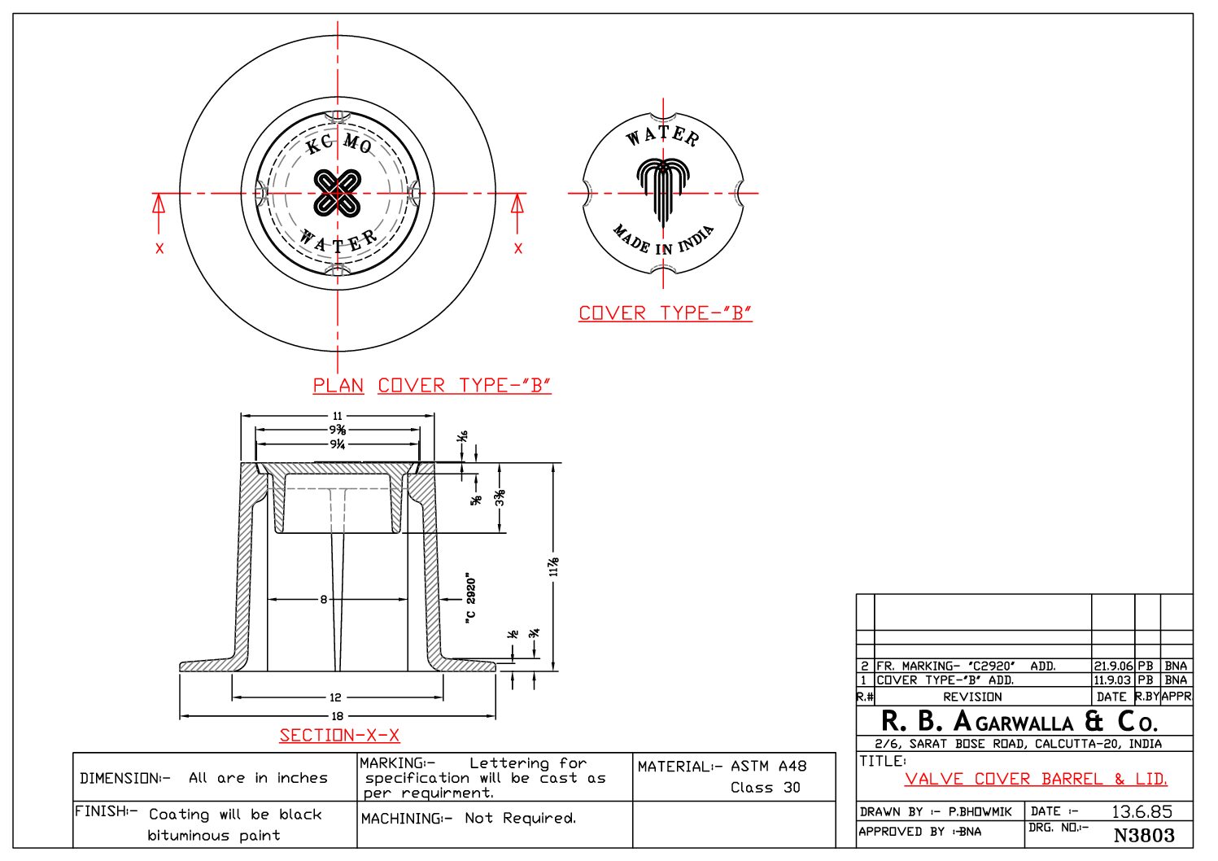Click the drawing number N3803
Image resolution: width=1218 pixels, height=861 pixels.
click(x=1143, y=835)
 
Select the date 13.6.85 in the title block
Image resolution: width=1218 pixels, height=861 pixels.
click(x=1142, y=811)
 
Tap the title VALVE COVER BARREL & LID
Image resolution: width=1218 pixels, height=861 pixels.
click(x=1035, y=779)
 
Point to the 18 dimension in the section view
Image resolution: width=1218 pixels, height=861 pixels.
click(x=337, y=716)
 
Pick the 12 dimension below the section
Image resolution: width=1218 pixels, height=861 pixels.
click(x=335, y=697)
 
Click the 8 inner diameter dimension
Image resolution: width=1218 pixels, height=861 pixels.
click(x=323, y=600)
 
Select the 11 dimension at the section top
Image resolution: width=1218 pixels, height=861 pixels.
click(x=337, y=416)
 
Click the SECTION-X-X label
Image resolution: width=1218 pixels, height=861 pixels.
click(x=339, y=736)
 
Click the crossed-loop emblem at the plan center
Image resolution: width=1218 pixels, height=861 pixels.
click(x=337, y=193)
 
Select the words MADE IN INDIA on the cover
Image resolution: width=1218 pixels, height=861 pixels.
click(x=664, y=241)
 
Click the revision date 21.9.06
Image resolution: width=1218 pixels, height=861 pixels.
click(x=1112, y=666)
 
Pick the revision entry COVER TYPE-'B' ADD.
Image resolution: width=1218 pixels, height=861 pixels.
click(x=945, y=680)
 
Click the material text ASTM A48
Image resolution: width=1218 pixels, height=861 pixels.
click(x=768, y=766)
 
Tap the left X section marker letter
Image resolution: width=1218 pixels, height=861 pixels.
click(x=159, y=248)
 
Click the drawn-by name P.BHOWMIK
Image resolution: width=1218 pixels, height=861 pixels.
click(x=980, y=811)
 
